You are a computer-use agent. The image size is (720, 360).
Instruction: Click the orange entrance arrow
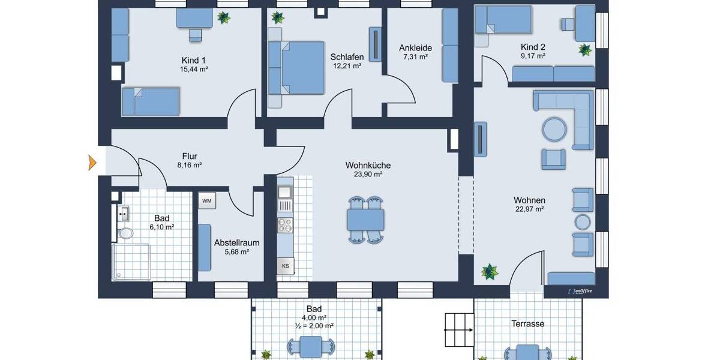[92, 162]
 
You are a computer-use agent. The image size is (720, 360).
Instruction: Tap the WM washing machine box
[207, 200]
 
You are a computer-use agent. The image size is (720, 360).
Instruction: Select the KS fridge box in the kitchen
[286, 266]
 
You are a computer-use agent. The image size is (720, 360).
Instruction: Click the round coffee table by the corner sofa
[554, 128]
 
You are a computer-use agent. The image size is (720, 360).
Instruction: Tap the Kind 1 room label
[194, 60]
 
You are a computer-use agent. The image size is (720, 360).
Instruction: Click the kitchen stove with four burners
[284, 225]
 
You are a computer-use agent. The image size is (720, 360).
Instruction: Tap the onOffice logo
[580, 291]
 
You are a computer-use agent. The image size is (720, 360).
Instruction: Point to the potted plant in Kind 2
[585, 50]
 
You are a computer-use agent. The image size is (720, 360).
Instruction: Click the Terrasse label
[527, 323]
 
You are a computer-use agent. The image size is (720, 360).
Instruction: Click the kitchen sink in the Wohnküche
[284, 193]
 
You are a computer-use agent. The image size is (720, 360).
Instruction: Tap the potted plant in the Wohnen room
[490, 272]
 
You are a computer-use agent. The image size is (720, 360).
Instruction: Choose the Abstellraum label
[237, 243]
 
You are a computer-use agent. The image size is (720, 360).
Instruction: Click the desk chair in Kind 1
[196, 35]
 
